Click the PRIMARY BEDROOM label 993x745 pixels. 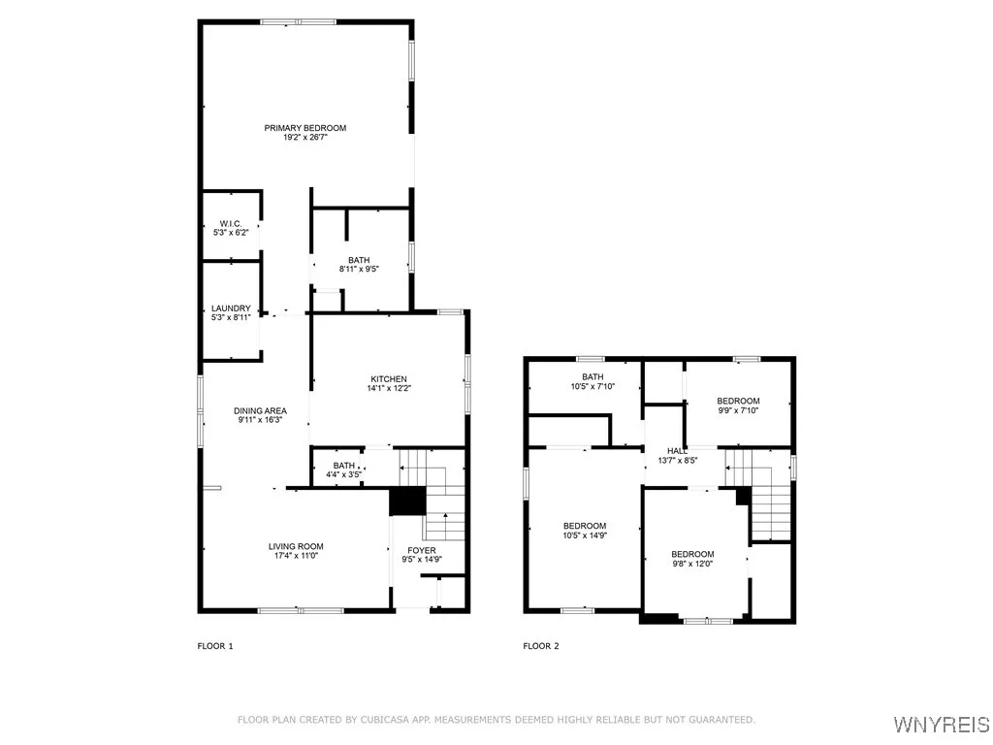pyautogui.click(x=305, y=128)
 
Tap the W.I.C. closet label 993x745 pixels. pyautogui.click(x=231, y=224)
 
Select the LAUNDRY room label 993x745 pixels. pyautogui.click(x=231, y=308)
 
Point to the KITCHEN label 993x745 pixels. pyautogui.click(x=389, y=379)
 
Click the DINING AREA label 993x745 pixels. pyautogui.click(x=260, y=410)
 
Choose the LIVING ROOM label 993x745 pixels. pyautogui.click(x=296, y=546)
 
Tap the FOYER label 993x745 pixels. pyautogui.click(x=422, y=550)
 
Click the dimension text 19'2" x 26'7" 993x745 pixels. pyautogui.click(x=305, y=137)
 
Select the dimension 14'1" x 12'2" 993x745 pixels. pyautogui.click(x=389, y=388)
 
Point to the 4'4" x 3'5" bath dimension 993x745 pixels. pyautogui.click(x=344, y=473)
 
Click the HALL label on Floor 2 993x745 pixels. pyautogui.click(x=677, y=451)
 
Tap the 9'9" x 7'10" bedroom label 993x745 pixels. pyautogui.click(x=738, y=410)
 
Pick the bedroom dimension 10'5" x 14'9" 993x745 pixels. pyautogui.click(x=585, y=534)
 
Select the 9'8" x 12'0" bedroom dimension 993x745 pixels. pyautogui.click(x=692, y=564)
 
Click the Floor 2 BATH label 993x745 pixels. pyautogui.click(x=593, y=377)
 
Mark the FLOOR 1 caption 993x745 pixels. pyautogui.click(x=215, y=646)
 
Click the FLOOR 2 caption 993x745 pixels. pyautogui.click(x=541, y=646)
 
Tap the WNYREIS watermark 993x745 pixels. pyautogui.click(x=941, y=724)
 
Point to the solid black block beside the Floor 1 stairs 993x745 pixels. pyautogui.click(x=407, y=502)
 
